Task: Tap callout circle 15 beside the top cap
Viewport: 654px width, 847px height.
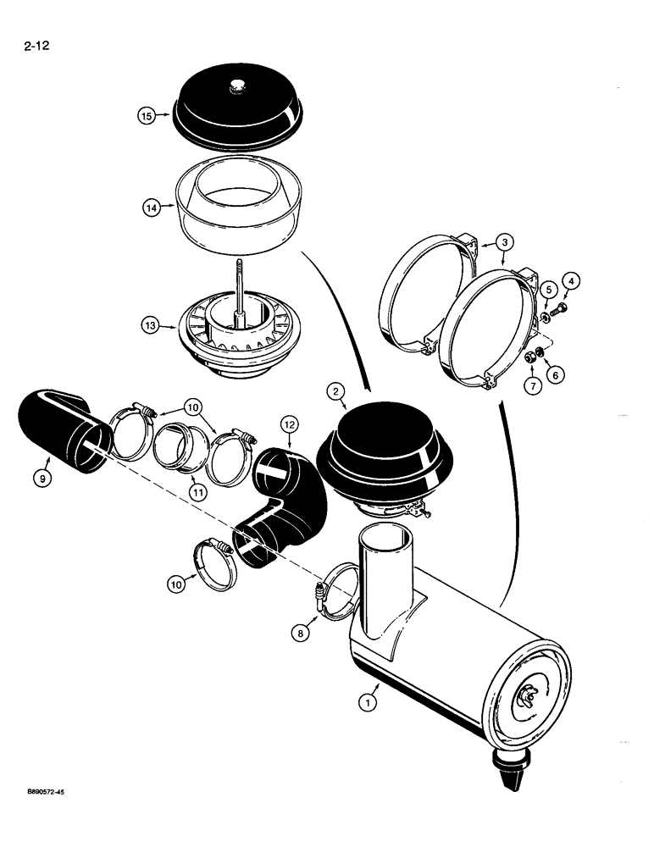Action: click(148, 117)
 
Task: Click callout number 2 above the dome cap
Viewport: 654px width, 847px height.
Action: click(336, 391)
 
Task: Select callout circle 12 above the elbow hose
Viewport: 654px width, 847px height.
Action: click(289, 423)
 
